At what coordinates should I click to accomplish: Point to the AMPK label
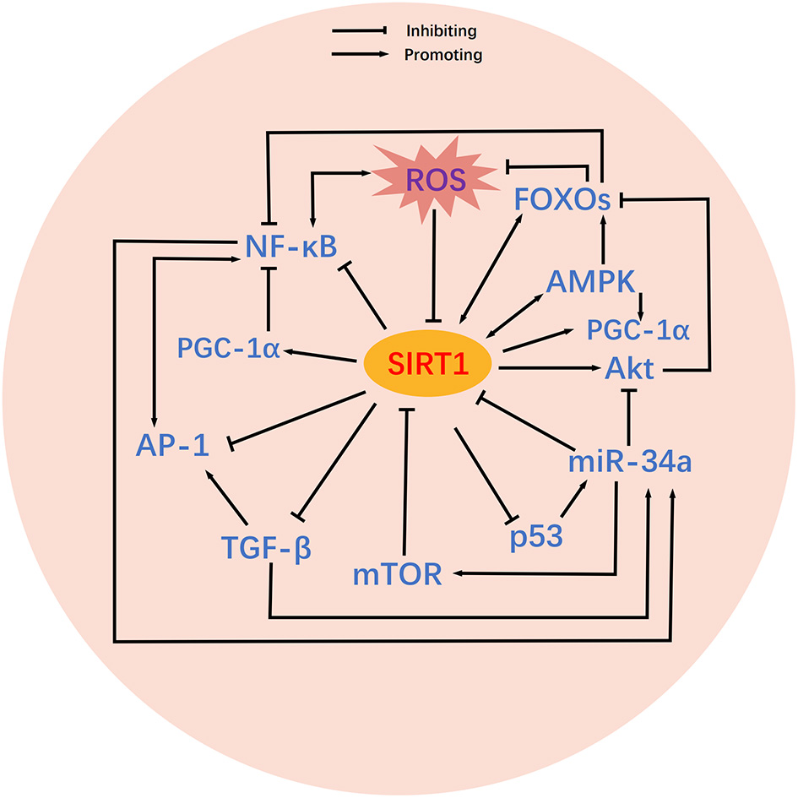pyautogui.click(x=589, y=281)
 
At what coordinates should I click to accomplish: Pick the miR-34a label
pyautogui.click(x=630, y=463)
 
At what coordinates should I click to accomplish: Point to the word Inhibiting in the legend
pyautogui.click(x=442, y=31)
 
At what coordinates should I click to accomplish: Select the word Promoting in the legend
pyautogui.click(x=443, y=56)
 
